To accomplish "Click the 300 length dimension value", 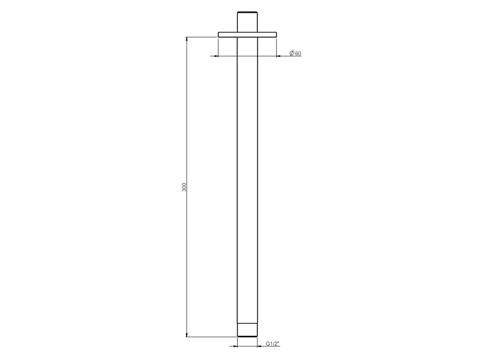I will coord(185,187).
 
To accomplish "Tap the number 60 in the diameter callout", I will coord(298,54).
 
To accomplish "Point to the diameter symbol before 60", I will coord(292,53).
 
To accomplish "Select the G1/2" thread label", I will coord(273,344).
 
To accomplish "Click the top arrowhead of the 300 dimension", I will coord(187,40).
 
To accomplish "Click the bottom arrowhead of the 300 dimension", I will coord(187,334).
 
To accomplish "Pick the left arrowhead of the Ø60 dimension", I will coord(215,56).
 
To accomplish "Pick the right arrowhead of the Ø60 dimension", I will coord(279,56).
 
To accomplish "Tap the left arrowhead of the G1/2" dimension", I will coord(235,346).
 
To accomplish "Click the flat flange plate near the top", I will coord(247,35).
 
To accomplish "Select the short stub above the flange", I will coord(247,21).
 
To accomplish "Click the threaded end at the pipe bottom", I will coord(247,330).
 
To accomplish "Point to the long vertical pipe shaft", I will coord(247,180).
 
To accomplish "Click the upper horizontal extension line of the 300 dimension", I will coord(201,37).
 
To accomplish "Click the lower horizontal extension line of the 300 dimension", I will coord(210,337).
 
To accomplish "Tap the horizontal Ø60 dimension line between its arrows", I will coord(247,56).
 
